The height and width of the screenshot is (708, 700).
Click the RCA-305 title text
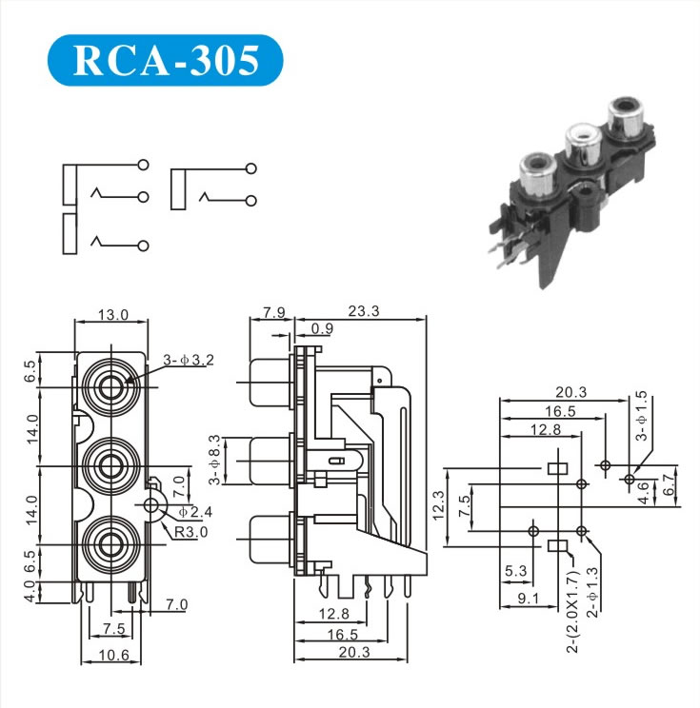tap(166, 61)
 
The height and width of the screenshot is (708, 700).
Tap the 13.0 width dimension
tap(112, 315)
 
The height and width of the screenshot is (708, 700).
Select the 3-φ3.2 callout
tap(190, 360)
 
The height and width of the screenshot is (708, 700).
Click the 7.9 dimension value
tap(274, 311)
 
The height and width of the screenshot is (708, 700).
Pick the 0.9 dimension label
tap(322, 329)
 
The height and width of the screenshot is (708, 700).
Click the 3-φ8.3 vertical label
tap(214, 459)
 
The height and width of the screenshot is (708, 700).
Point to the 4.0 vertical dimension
tap(30, 591)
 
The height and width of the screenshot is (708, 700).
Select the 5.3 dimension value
tap(515, 571)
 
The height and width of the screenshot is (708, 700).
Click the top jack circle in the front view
tap(110, 387)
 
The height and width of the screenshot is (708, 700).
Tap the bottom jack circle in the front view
tap(110, 543)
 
